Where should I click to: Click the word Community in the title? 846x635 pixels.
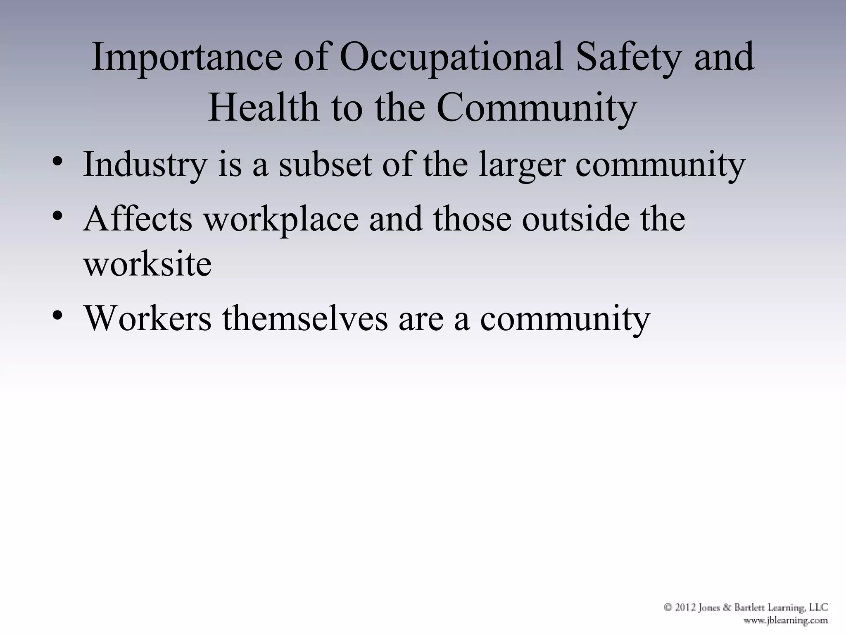pos(537,107)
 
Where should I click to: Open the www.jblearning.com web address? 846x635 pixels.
pos(785,620)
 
